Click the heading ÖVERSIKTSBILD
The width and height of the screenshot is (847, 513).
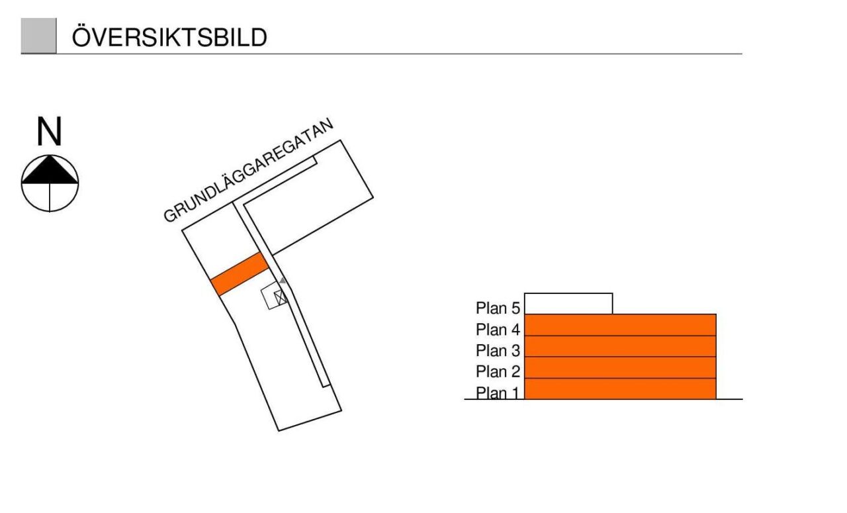pyautogui.click(x=169, y=38)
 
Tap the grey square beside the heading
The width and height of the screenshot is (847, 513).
pyautogui.click(x=38, y=36)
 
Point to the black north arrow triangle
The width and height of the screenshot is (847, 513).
pyautogui.click(x=50, y=170)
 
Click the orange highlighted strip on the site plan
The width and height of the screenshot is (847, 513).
pyautogui.click(x=240, y=274)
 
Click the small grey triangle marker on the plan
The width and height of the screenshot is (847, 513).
pyautogui.click(x=283, y=281)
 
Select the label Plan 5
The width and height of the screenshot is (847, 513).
pyautogui.click(x=498, y=308)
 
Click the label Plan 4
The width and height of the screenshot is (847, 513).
pyautogui.click(x=498, y=329)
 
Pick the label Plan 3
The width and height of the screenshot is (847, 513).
pyautogui.click(x=498, y=350)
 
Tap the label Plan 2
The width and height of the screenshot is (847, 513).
pyautogui.click(x=498, y=371)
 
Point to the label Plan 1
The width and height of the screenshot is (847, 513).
pyautogui.click(x=498, y=393)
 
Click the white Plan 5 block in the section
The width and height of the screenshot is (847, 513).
pyautogui.click(x=568, y=304)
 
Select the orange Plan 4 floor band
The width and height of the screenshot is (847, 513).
pyautogui.click(x=620, y=325)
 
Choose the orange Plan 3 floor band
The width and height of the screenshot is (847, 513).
pyautogui.click(x=620, y=346)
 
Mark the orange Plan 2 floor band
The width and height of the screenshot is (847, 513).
pyautogui.click(x=620, y=367)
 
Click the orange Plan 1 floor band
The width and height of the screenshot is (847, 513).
pyautogui.click(x=620, y=389)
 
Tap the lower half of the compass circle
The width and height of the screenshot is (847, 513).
pyautogui.click(x=50, y=197)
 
